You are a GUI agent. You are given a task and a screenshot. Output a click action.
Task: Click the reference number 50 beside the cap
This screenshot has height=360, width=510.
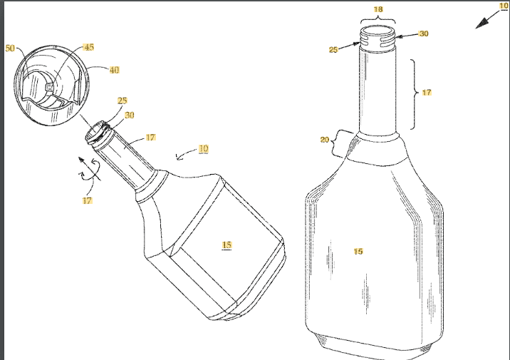(10, 48)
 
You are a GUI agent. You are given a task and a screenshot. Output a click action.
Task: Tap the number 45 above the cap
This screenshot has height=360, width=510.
(89, 47)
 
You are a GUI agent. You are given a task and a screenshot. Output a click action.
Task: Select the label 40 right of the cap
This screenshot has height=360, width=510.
(113, 70)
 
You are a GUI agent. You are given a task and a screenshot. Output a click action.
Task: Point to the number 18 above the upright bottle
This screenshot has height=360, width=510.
(378, 10)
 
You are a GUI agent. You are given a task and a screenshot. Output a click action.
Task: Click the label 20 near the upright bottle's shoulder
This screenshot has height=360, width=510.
(325, 140)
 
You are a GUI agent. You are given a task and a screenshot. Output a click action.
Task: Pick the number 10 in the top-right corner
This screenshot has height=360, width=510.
(504, 6)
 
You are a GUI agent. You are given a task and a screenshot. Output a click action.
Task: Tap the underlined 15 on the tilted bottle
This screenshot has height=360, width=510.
(227, 245)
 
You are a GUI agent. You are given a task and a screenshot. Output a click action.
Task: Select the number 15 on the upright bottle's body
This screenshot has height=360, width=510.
(358, 252)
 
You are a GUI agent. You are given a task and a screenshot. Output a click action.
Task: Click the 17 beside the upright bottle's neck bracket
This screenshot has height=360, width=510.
(427, 93)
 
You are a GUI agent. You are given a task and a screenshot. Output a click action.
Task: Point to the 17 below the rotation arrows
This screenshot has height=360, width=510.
(88, 200)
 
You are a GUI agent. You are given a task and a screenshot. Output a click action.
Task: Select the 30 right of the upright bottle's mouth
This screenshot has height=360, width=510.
(424, 34)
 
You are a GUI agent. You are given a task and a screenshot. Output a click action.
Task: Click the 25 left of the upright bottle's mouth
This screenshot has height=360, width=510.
(333, 50)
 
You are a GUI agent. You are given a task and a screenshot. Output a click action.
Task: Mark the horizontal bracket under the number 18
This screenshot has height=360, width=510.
(378, 19)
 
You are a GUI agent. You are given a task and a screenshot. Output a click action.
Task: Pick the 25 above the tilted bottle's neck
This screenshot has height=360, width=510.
(123, 101)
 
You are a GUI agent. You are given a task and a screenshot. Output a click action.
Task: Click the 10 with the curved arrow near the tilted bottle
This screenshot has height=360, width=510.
(204, 149)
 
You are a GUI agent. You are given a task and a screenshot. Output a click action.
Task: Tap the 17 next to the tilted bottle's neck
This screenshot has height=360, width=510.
(150, 137)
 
